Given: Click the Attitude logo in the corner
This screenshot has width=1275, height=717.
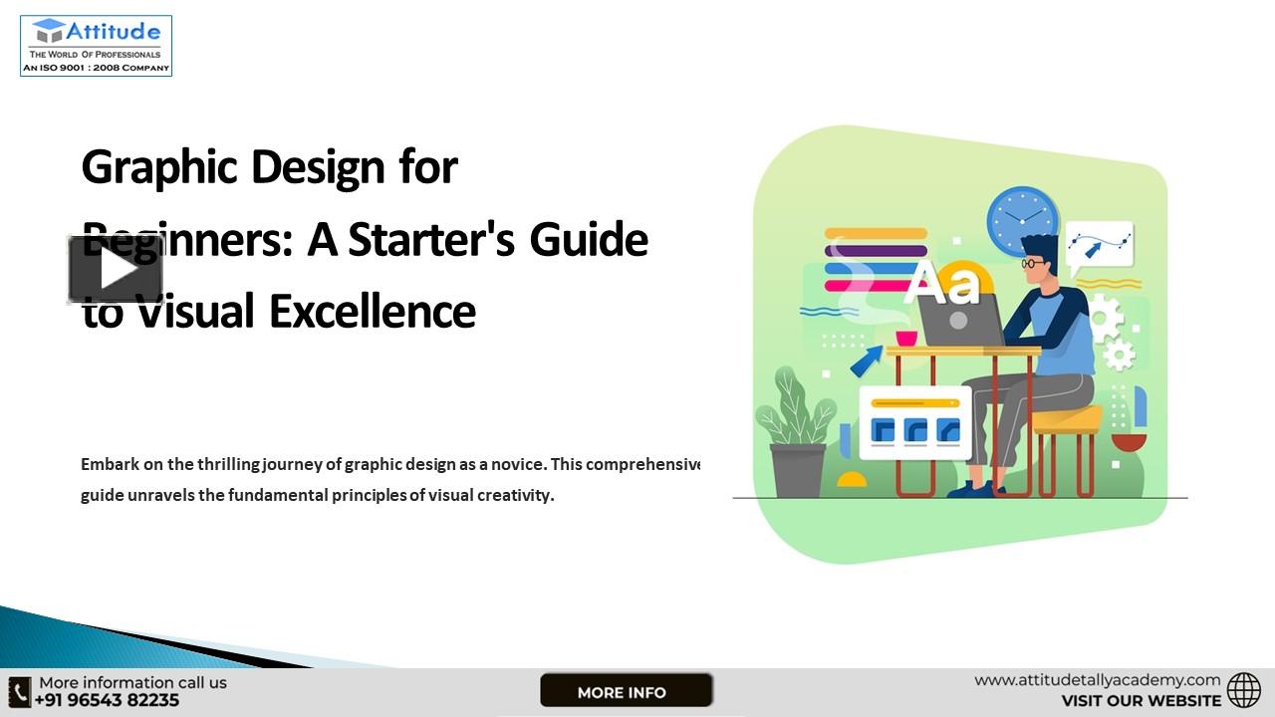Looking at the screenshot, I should click(x=96, y=46).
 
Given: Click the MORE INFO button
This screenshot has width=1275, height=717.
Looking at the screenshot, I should click(x=626, y=691).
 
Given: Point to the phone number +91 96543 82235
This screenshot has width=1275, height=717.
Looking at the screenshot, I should click(x=108, y=700).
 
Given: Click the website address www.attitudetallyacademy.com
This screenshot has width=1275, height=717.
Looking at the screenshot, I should click(x=1097, y=680).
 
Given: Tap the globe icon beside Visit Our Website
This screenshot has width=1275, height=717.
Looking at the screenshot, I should click(x=1243, y=690).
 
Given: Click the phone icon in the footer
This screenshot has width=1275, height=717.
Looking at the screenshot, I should click(x=20, y=691).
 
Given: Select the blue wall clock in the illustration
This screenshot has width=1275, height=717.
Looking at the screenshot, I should click(x=1022, y=219).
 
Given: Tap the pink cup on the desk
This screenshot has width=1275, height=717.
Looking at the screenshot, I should click(x=906, y=338).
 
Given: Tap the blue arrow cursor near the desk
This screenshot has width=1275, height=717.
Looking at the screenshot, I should click(x=866, y=360).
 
